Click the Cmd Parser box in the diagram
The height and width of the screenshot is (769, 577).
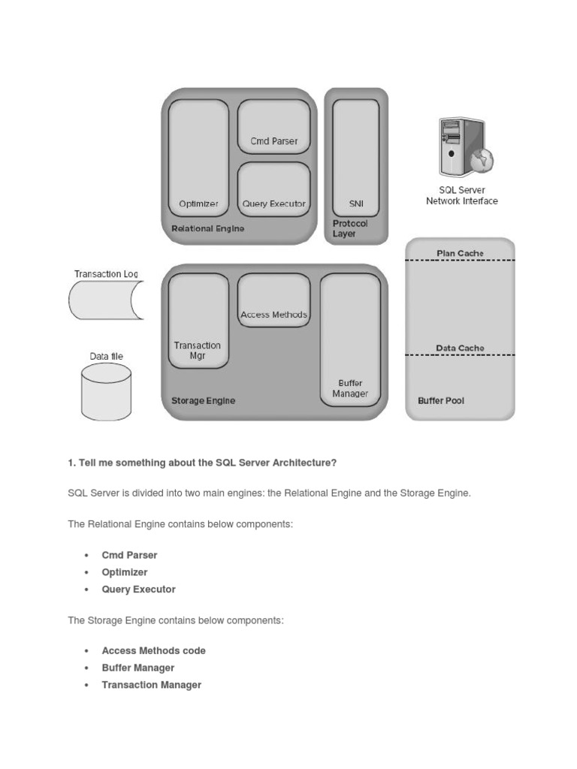273,127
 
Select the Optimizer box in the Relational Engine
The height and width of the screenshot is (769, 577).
198,158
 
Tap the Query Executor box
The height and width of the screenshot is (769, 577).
273,189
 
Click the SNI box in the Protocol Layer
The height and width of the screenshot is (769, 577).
356,158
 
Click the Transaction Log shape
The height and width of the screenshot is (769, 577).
105,300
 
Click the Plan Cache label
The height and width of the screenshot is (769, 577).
460,253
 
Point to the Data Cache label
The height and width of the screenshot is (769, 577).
460,348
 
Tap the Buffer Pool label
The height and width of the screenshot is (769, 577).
441,401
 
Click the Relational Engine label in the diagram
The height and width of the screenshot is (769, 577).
208,228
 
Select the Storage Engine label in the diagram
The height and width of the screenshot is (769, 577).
203,401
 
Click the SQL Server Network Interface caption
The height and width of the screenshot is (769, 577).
461,196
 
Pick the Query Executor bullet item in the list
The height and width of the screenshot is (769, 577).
138,590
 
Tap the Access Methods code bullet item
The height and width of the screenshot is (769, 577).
153,651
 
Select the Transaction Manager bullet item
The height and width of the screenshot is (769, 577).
151,685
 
